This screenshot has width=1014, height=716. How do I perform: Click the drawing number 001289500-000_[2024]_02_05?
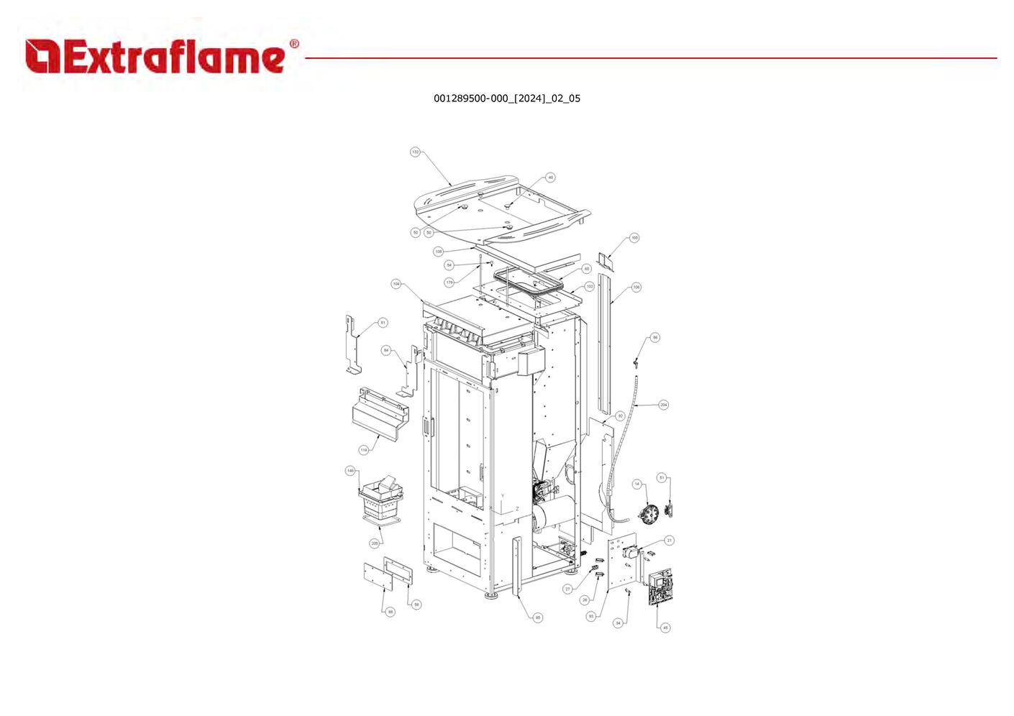[x=506, y=98]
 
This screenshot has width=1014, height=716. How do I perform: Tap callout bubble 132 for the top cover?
[x=415, y=152]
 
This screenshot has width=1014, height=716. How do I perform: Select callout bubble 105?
[x=634, y=237]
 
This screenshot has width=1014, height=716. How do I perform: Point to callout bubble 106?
[x=636, y=287]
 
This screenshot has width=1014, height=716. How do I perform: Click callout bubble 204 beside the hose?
[x=663, y=405]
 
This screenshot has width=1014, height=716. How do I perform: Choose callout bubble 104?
[x=396, y=284]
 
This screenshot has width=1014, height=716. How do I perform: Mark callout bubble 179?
[x=449, y=283]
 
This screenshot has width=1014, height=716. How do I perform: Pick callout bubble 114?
[x=364, y=450]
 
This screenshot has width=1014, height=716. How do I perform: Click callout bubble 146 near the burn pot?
[x=350, y=471]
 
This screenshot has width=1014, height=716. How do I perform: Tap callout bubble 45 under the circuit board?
[x=665, y=628]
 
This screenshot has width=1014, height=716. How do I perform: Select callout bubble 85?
[x=538, y=618]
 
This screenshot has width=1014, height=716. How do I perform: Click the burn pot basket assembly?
[x=381, y=500]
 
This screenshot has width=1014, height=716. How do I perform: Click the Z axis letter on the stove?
[x=517, y=509]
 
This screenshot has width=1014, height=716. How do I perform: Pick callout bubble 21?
[x=669, y=541]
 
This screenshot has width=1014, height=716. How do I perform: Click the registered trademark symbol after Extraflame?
[x=294, y=45]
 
